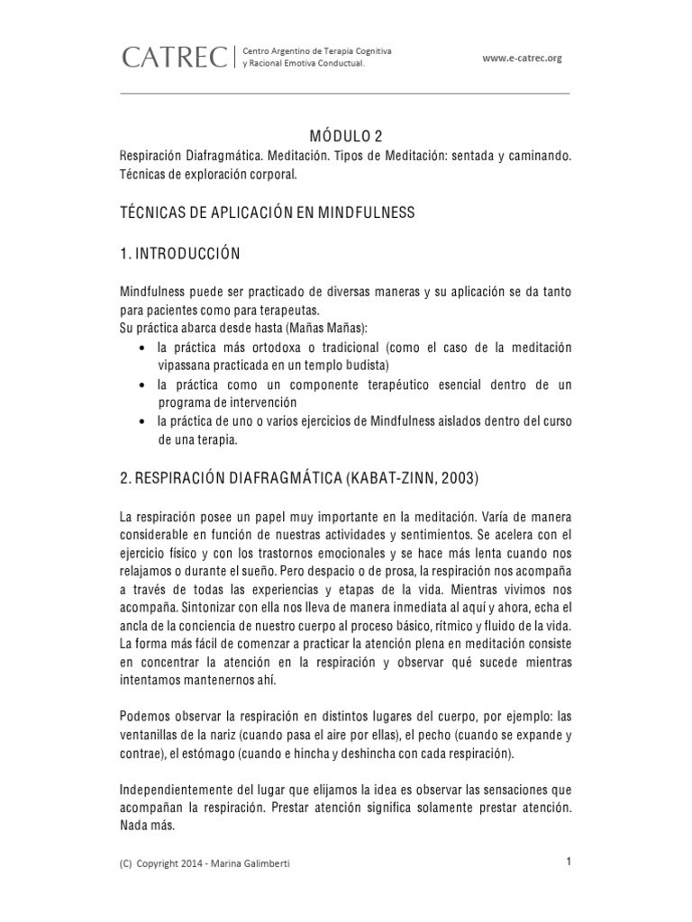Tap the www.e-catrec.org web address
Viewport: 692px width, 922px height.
tap(522, 59)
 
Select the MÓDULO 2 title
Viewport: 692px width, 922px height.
tap(346, 136)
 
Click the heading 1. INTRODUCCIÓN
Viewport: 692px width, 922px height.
tap(180, 254)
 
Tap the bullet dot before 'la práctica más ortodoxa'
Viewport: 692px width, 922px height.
tap(145, 348)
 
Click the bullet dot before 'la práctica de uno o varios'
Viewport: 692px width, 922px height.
tap(145, 421)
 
